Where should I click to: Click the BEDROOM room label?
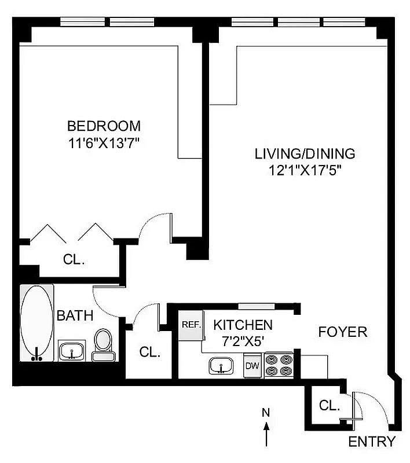coord(104,126)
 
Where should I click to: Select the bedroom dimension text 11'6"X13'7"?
coord(104,144)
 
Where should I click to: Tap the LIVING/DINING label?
coord(305,154)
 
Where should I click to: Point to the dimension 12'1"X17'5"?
coord(305,170)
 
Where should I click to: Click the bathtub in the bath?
coord(36,323)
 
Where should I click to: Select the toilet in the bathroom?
coord(103,345)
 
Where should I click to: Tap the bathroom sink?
coord(72,351)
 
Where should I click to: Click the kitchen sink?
coord(221,366)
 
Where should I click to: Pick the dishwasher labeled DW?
coord(252,365)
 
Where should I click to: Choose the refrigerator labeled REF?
coord(191,325)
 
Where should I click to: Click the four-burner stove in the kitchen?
coord(279,365)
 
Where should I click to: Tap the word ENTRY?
coord(372,442)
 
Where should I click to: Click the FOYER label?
coord(343,332)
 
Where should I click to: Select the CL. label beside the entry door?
coord(330,406)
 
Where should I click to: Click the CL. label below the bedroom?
coord(74,259)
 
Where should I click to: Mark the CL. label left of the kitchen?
coord(150,352)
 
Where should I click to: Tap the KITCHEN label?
coord(243,325)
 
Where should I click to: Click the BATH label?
coord(75,315)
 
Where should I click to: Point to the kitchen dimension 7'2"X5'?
coord(243,341)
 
